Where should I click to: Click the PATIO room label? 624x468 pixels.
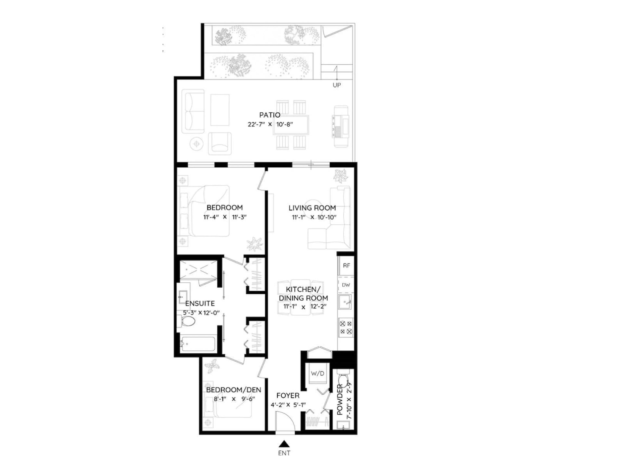(270, 115)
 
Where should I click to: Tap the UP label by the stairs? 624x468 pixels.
(337, 85)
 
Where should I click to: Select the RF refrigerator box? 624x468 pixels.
(346, 266)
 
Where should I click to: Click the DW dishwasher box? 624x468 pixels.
(346, 285)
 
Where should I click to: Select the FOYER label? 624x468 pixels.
(288, 396)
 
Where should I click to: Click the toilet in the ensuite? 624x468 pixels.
(187, 321)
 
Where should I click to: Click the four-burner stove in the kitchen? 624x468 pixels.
(346, 327)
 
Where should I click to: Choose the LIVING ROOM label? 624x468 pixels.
(312, 208)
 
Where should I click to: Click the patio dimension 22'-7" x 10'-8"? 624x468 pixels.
(270, 124)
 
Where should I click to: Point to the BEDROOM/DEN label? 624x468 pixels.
(234, 390)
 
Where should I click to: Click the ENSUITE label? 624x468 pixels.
(200, 304)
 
